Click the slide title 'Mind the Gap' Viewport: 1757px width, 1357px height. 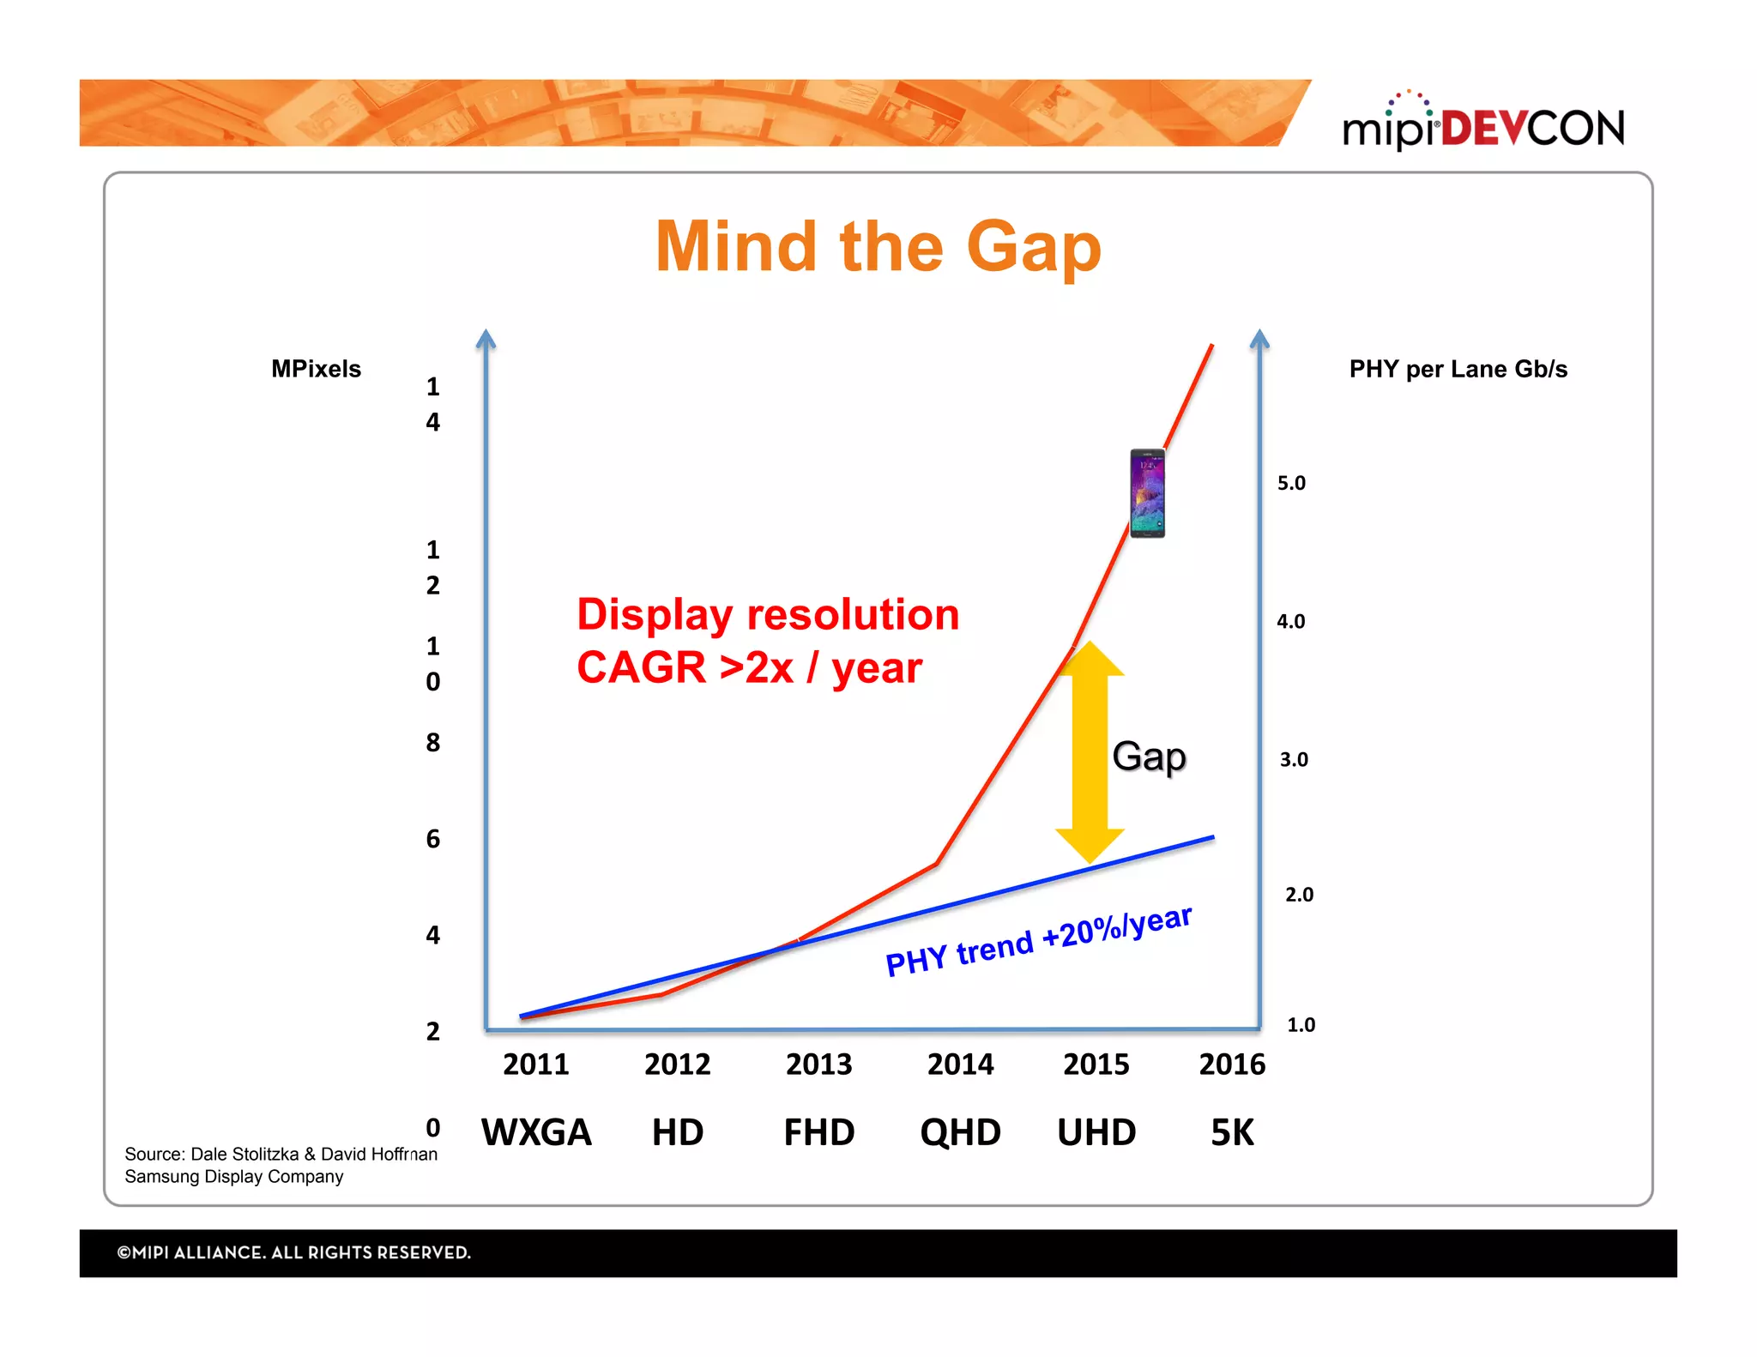coord(878,247)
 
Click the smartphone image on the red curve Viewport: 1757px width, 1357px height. coord(1147,493)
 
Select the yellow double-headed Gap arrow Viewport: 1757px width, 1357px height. coord(1090,751)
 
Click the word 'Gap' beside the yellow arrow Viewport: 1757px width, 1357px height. coord(1149,757)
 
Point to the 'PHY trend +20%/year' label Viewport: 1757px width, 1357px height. coord(1038,941)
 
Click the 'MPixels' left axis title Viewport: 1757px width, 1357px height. coord(316,369)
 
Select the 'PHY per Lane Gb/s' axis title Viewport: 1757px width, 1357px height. coord(1458,369)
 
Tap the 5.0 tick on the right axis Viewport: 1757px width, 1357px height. coord(1291,483)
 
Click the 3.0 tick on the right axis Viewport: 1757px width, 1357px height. coord(1294,759)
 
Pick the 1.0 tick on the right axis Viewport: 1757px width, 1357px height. coord(1301,1024)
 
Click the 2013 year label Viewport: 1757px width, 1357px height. coord(818,1064)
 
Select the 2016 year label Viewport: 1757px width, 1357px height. coord(1232,1064)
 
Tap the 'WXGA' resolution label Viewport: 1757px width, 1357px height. coord(536,1132)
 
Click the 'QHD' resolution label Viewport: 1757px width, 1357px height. coord(960,1132)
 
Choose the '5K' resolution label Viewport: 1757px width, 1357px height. coord(1232,1132)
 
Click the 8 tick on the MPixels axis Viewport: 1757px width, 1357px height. coord(433,742)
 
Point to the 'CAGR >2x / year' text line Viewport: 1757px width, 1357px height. coord(749,667)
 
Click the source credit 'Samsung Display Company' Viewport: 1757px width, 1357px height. coord(233,1177)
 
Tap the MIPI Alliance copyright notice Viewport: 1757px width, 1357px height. coord(293,1252)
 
